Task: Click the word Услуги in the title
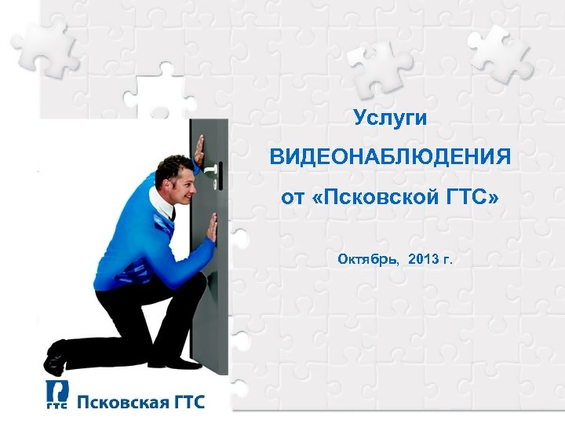tap(390, 119)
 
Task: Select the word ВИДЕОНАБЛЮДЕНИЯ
tap(390, 158)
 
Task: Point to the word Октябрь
tap(366, 258)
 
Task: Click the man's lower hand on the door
tap(210, 228)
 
